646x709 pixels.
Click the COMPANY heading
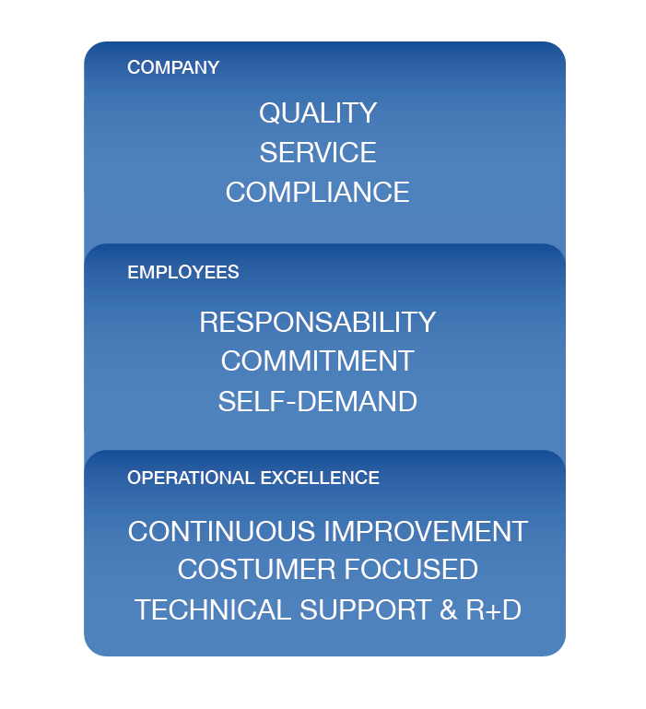[x=173, y=67]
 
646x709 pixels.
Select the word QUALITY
[x=318, y=112]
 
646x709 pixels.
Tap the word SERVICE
[x=318, y=152]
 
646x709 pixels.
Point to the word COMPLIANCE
[x=317, y=192]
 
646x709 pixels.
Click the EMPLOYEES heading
[x=183, y=272]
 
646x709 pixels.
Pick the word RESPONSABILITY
[x=317, y=322]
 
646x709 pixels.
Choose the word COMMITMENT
[x=317, y=360]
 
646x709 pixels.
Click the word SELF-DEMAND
[x=317, y=401]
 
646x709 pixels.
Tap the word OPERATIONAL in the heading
[x=191, y=478]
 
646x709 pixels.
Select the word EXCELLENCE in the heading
[x=320, y=478]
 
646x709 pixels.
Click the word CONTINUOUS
[x=221, y=531]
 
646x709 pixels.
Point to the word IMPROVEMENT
[x=426, y=531]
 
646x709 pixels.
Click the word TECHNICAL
[x=213, y=609]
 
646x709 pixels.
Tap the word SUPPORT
[x=365, y=609]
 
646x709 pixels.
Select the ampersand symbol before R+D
[x=448, y=609]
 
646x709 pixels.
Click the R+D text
[x=494, y=609]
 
